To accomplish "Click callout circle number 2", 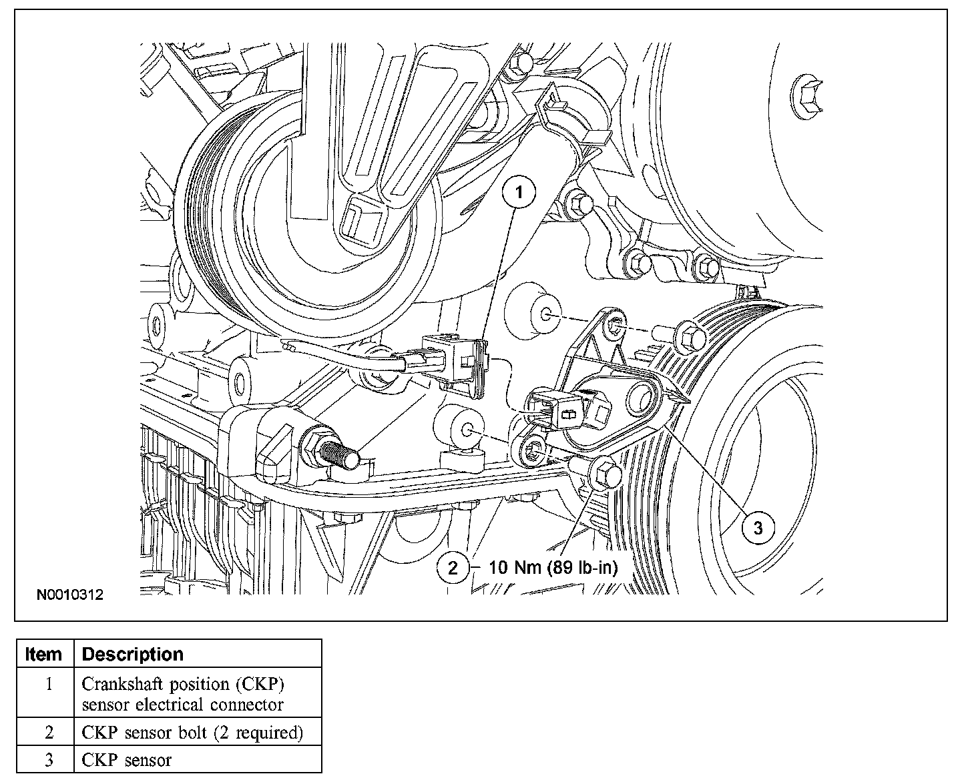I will point(453,568).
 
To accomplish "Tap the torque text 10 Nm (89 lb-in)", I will point(553,568).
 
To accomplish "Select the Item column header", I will point(44,654).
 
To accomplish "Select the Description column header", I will point(132,654).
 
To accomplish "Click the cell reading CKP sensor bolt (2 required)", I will point(192,733).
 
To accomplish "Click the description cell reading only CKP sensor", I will point(127,760).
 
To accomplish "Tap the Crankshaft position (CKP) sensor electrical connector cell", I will point(183,694).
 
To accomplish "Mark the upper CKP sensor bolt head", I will point(690,336).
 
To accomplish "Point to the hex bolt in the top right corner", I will point(806,93).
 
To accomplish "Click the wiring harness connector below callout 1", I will point(453,361).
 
